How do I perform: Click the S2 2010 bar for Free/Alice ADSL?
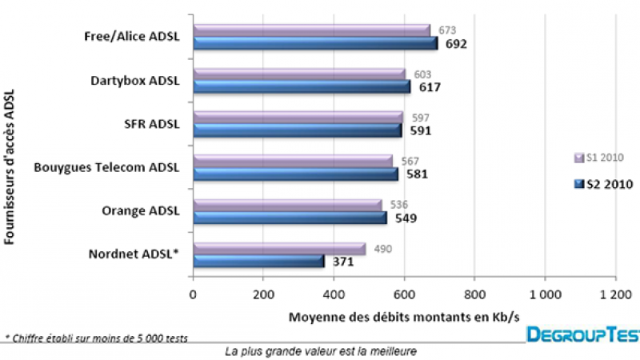[315, 43]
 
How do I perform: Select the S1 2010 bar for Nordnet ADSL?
[279, 249]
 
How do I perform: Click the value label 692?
[455, 44]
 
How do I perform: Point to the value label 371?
[343, 262]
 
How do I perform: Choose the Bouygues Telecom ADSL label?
[107, 167]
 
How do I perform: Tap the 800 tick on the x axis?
[474, 294]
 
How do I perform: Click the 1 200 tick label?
[615, 294]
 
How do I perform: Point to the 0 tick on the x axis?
[192, 294]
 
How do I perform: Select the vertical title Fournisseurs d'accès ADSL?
[10, 169]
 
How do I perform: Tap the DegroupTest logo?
[582, 334]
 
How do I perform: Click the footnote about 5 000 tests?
[96, 338]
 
